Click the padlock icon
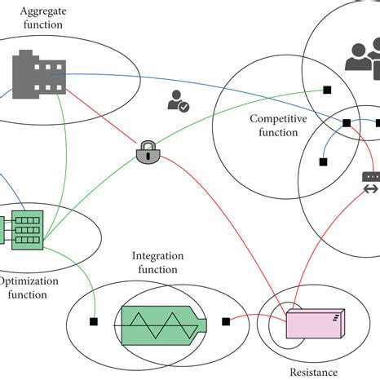click(x=148, y=152)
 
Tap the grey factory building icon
click(x=39, y=74)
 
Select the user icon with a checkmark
click(x=179, y=101)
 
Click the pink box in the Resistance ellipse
click(x=316, y=324)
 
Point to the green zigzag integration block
click(x=164, y=325)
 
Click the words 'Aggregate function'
click(x=43, y=18)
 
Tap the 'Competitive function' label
click(x=278, y=126)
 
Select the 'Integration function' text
click(x=157, y=263)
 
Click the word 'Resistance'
click(x=314, y=373)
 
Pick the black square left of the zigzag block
click(x=94, y=321)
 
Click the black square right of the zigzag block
click(x=226, y=321)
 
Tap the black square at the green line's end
click(x=327, y=90)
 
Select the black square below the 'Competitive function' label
click(x=323, y=162)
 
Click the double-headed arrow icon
click(x=371, y=189)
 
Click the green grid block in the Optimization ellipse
click(x=27, y=230)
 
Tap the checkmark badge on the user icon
click(x=184, y=107)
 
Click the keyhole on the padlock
click(x=148, y=156)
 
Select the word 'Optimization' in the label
click(x=29, y=281)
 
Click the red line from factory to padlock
click(x=101, y=116)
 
